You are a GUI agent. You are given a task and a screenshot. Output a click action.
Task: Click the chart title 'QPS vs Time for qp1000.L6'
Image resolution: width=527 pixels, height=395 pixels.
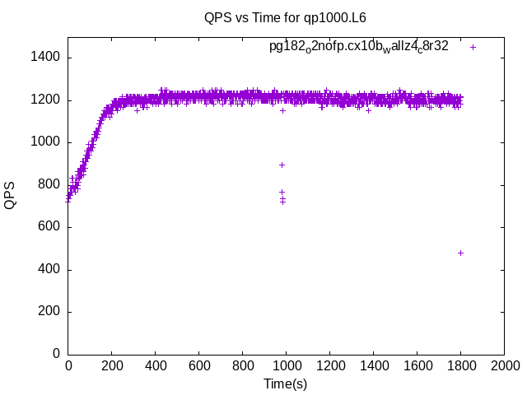(x=285, y=17)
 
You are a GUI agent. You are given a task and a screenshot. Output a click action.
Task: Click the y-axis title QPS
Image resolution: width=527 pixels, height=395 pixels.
(x=11, y=195)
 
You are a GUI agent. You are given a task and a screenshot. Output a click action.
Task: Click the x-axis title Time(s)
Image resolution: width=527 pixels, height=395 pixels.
(x=285, y=383)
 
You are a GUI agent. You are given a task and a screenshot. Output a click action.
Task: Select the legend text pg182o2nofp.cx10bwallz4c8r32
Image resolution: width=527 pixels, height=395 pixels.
(x=359, y=47)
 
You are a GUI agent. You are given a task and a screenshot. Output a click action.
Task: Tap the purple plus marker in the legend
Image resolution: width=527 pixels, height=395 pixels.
(x=473, y=47)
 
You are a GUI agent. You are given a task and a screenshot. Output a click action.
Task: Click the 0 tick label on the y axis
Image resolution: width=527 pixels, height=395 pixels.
(x=56, y=354)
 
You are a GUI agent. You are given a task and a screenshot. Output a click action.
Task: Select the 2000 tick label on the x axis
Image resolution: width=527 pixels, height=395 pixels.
(x=504, y=366)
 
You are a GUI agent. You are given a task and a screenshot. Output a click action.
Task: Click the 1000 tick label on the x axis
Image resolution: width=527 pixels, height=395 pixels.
(x=286, y=366)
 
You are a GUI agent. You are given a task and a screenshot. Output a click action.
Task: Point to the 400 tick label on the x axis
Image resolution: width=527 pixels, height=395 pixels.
(x=155, y=366)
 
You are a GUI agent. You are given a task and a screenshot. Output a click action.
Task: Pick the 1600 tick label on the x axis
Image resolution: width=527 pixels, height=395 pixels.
(x=417, y=366)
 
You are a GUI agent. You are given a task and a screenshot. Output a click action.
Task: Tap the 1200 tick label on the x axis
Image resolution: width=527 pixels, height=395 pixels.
(x=329, y=366)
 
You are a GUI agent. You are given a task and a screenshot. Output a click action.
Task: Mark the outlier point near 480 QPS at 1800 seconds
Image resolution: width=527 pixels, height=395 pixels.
(x=460, y=253)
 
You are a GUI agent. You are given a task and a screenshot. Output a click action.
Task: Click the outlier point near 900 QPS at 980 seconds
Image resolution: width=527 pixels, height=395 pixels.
(x=282, y=165)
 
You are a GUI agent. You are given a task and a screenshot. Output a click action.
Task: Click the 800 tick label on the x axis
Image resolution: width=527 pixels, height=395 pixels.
(x=242, y=366)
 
